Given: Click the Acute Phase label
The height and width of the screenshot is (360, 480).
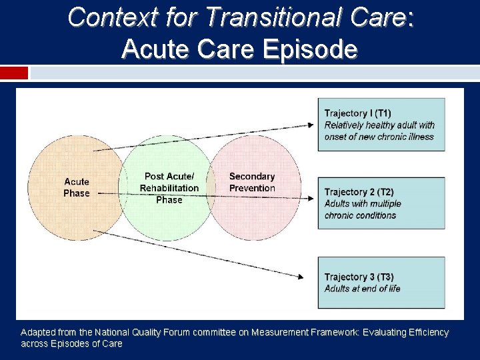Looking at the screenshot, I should tap(77, 187).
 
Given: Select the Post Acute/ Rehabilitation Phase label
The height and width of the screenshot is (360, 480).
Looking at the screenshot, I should tap(169, 188).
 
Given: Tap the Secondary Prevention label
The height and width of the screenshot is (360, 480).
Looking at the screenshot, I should tap(252, 182).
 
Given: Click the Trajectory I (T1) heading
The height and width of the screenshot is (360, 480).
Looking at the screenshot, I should tap(358, 113).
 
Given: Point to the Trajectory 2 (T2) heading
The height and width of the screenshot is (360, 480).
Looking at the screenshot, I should tap(359, 192).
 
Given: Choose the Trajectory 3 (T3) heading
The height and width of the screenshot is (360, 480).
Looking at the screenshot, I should tap(359, 277).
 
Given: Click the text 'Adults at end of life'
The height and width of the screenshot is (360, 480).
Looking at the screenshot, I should tap(362, 289).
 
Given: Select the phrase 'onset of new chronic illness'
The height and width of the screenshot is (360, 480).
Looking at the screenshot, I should tap(379, 137).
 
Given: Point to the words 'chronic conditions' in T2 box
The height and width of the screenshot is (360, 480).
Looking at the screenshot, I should tap(360, 215).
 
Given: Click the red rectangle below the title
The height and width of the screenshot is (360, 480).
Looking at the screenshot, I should tap(14, 73).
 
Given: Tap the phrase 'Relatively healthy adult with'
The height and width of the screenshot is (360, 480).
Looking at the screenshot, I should tap(379, 125).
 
